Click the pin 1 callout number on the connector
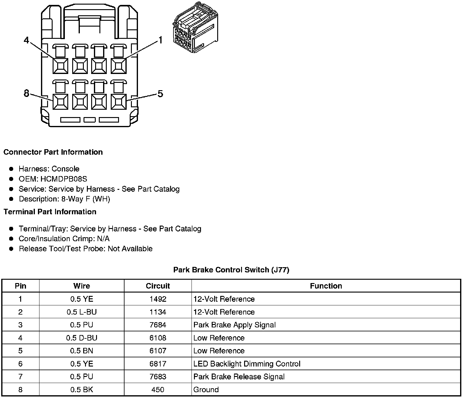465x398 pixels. click(x=160, y=40)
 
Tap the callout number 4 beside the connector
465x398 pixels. click(x=27, y=40)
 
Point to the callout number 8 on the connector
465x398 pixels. click(x=27, y=93)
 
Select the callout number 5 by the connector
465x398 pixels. click(x=160, y=94)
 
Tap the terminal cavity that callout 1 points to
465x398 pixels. click(x=118, y=66)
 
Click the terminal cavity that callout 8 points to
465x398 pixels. click(x=60, y=101)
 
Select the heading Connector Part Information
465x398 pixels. click(x=53, y=152)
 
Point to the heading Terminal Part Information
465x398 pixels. click(x=50, y=212)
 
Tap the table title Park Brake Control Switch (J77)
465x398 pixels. click(x=231, y=270)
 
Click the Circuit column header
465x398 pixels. click(x=158, y=286)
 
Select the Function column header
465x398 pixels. click(x=326, y=286)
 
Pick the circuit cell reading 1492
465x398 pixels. click(x=158, y=299)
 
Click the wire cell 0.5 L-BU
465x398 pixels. click(x=82, y=312)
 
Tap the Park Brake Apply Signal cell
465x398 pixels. click(x=235, y=325)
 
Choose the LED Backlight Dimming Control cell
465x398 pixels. click(x=247, y=364)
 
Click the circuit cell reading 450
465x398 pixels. click(x=158, y=390)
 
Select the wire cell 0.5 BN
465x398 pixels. click(x=82, y=351)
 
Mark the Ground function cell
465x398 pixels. click(x=206, y=390)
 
